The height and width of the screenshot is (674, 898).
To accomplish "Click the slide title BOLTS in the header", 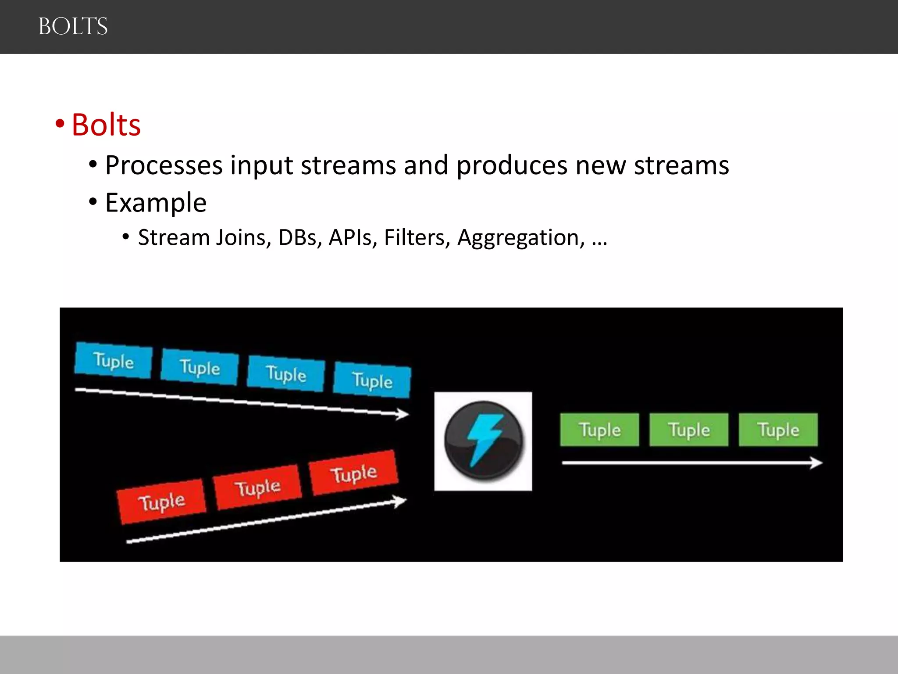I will pyautogui.click(x=73, y=26).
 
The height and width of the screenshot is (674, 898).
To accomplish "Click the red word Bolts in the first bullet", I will pyautogui.click(x=106, y=125).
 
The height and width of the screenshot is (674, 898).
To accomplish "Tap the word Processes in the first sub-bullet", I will pyautogui.click(x=164, y=165).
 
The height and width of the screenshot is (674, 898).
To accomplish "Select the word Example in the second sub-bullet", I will pyautogui.click(x=156, y=203).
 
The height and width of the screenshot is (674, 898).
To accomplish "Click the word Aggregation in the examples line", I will pyautogui.click(x=520, y=237).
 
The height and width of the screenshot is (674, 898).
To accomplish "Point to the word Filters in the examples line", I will pyautogui.click(x=417, y=237).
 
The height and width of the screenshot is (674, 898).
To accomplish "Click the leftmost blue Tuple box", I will pyautogui.click(x=114, y=360).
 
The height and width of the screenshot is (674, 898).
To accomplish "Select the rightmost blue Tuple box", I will pyautogui.click(x=372, y=380).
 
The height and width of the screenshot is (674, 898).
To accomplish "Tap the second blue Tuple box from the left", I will pyautogui.click(x=200, y=367).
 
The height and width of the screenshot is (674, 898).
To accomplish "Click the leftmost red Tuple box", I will pyautogui.click(x=161, y=502).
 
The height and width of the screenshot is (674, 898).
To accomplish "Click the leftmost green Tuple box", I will pyautogui.click(x=599, y=430).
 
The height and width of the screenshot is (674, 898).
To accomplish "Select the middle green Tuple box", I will pyautogui.click(x=689, y=430).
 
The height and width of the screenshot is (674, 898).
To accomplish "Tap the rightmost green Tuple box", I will pyautogui.click(x=778, y=430).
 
